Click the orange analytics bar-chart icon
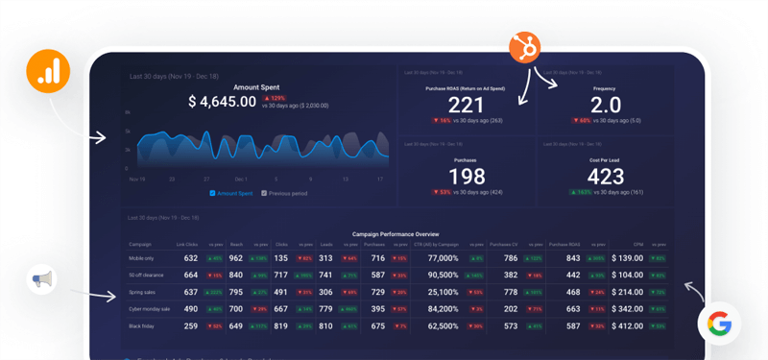pos(48,70)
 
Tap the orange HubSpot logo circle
pos(524,47)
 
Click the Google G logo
pos(719,324)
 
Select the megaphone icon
pos(41,280)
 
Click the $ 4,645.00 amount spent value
pos(222,102)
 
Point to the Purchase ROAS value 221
pos(467,106)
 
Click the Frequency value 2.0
pos(605,106)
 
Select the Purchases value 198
pos(467,177)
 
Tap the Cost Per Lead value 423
pos(605,177)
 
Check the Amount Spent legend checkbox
pos(213,193)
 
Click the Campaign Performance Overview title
pos(395,233)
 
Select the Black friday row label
pos(142,325)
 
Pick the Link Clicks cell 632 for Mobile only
pos(190,258)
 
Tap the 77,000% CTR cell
pos(443,258)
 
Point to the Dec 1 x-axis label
pos(241,179)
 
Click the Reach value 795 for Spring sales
pos(236,292)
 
